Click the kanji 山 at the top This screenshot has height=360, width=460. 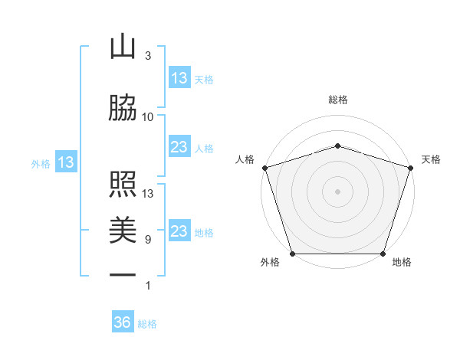[123, 47]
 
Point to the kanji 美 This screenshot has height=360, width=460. [123, 229]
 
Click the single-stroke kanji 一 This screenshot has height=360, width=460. [123, 273]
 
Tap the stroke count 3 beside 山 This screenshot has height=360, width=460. [148, 56]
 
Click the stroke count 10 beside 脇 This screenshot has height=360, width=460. [148, 116]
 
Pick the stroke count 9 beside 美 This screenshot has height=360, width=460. [148, 239]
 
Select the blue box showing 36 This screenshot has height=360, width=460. [123, 322]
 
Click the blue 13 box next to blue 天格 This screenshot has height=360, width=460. [179, 77]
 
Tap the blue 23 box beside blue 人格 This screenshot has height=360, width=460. [179, 147]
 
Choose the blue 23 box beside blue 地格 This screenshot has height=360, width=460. [179, 231]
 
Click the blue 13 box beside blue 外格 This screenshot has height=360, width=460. [66, 162]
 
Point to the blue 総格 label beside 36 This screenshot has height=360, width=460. [147, 324]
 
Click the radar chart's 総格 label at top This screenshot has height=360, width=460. [337, 100]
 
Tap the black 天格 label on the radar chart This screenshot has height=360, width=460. [431, 159]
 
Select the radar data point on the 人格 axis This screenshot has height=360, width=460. [264, 168]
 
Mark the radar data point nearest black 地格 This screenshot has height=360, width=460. [383, 254]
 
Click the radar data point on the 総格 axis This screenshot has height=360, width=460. [337, 146]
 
